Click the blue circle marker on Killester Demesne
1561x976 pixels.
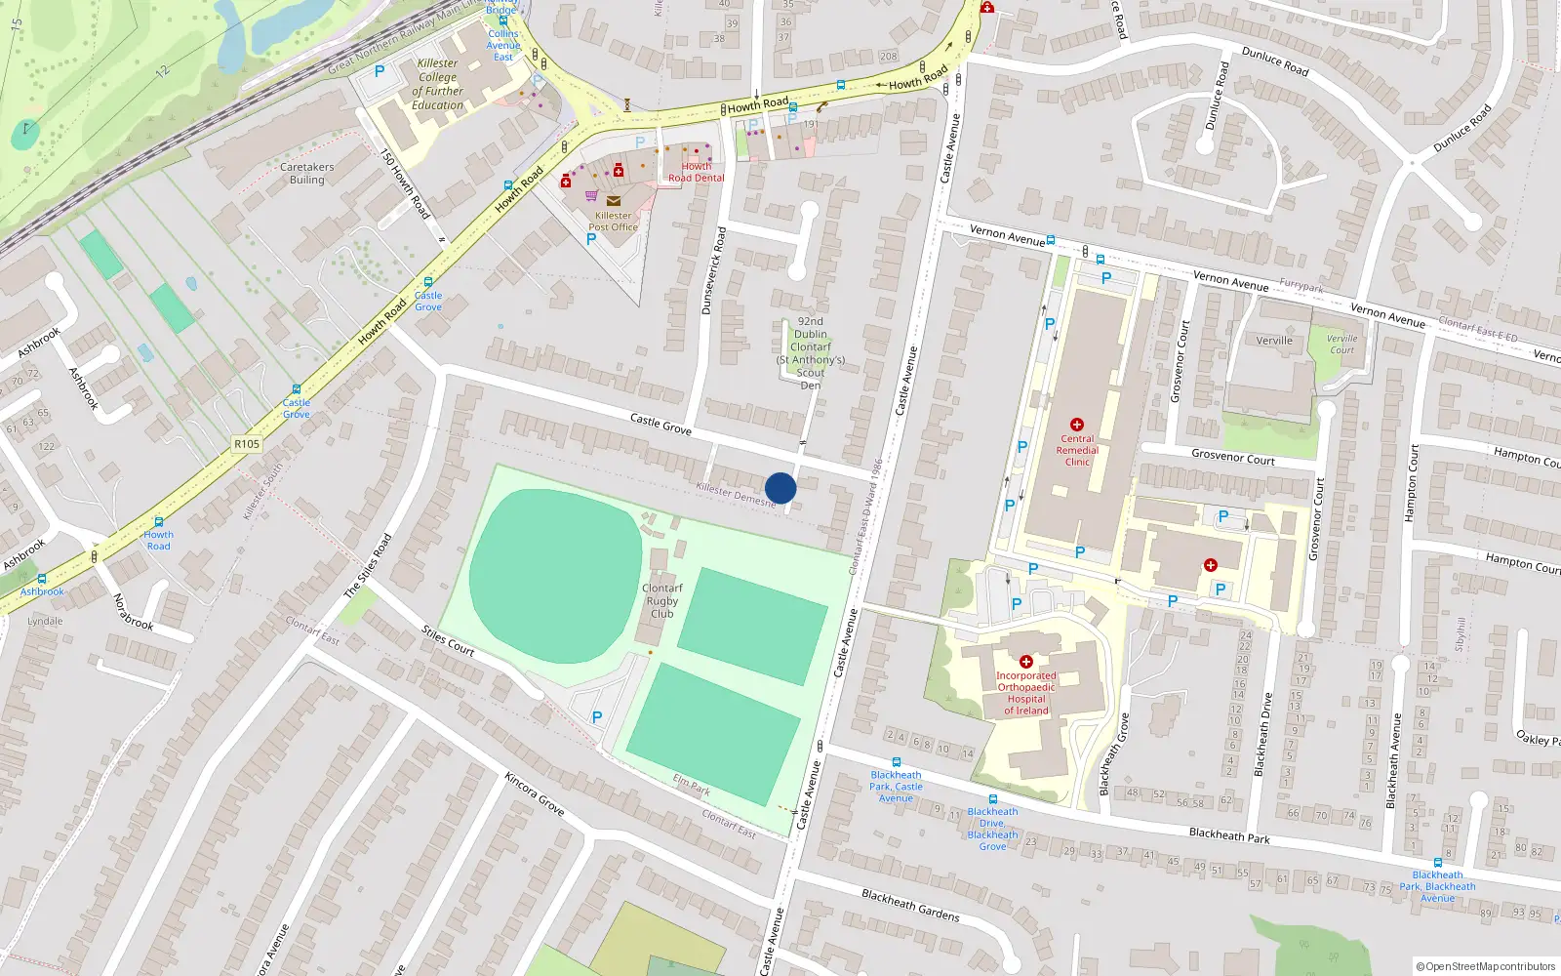click(x=780, y=488)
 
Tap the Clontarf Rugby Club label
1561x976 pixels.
click(x=661, y=601)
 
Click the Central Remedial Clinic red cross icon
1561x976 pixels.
click(x=1077, y=425)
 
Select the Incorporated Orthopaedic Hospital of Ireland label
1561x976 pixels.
click(x=1026, y=693)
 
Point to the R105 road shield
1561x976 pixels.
click(x=247, y=444)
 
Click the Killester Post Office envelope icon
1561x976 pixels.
click(x=613, y=201)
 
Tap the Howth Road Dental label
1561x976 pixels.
click(x=696, y=173)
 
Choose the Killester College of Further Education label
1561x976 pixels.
click(x=437, y=84)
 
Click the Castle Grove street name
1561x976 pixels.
click(x=660, y=424)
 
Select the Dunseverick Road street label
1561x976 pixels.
click(x=714, y=270)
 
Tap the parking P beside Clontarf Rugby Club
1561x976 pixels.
click(x=597, y=717)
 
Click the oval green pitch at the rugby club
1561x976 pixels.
click(x=555, y=576)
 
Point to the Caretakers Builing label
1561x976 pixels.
click(x=306, y=174)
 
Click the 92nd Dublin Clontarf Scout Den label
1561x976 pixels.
click(x=811, y=353)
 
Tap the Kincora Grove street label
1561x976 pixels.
click(x=535, y=793)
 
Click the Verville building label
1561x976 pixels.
click(x=1274, y=341)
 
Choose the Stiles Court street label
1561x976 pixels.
click(x=448, y=640)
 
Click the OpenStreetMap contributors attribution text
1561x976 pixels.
click(x=1486, y=966)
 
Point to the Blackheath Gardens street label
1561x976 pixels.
click(x=910, y=905)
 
